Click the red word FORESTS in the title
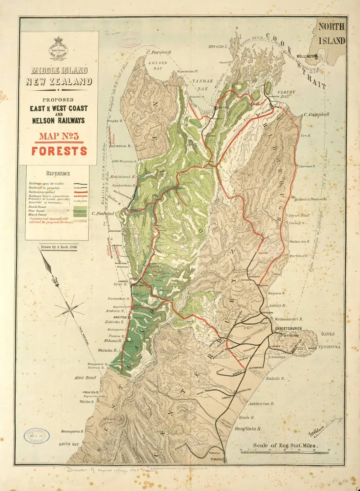[x=59, y=151]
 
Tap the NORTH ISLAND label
[x=332, y=34]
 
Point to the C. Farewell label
[x=159, y=52]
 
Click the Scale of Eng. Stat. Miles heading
[x=286, y=446]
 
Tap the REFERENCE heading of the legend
[x=58, y=173]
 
